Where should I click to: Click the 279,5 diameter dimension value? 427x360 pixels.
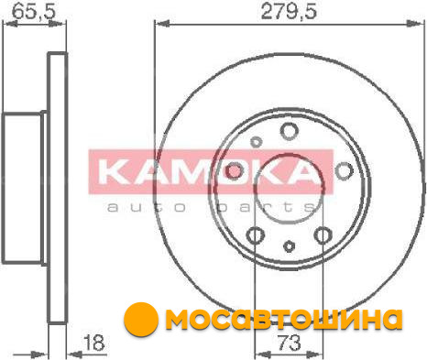coord(289,12)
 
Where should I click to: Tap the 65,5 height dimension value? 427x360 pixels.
coord(34,12)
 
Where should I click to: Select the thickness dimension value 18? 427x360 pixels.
coord(94,343)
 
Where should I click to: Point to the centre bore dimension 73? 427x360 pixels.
coord(289,343)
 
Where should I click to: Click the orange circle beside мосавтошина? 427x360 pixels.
coord(141,319)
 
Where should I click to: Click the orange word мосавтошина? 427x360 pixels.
coord(284,319)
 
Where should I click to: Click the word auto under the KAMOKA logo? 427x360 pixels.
coord(147,208)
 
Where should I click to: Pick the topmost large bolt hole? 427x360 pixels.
coord(289,131)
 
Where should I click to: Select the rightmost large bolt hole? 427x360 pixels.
coord(344,170)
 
